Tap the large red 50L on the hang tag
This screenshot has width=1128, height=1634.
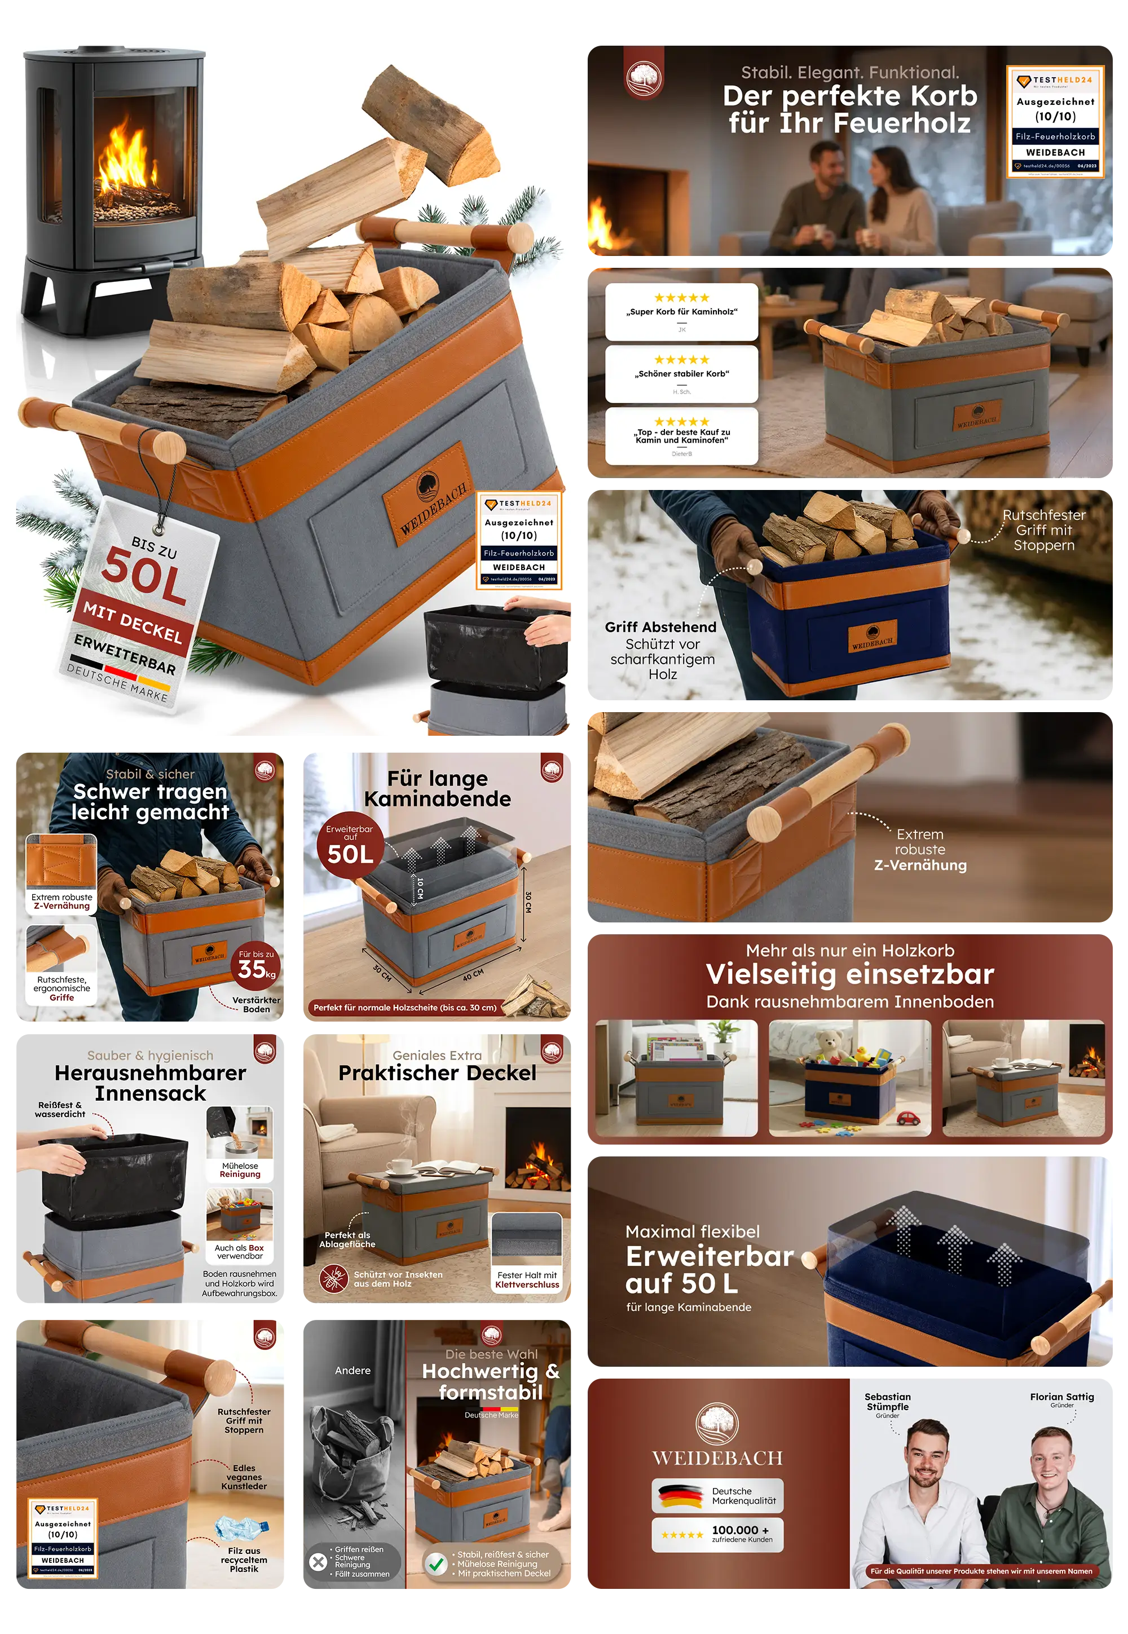tap(144, 576)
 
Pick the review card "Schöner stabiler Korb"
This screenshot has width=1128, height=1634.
tap(681, 374)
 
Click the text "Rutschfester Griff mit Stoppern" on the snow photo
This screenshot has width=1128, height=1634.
tap(1043, 530)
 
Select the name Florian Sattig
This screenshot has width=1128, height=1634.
tap(1061, 1397)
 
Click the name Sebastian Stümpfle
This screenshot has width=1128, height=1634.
tap(887, 1402)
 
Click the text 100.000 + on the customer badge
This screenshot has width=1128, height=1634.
tap(739, 1530)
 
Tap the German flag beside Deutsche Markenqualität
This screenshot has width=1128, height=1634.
tap(680, 1495)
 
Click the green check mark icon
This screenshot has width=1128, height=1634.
tap(435, 1564)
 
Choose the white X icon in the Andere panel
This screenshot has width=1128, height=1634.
tap(319, 1562)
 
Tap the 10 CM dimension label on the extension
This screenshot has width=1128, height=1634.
tap(420, 888)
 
